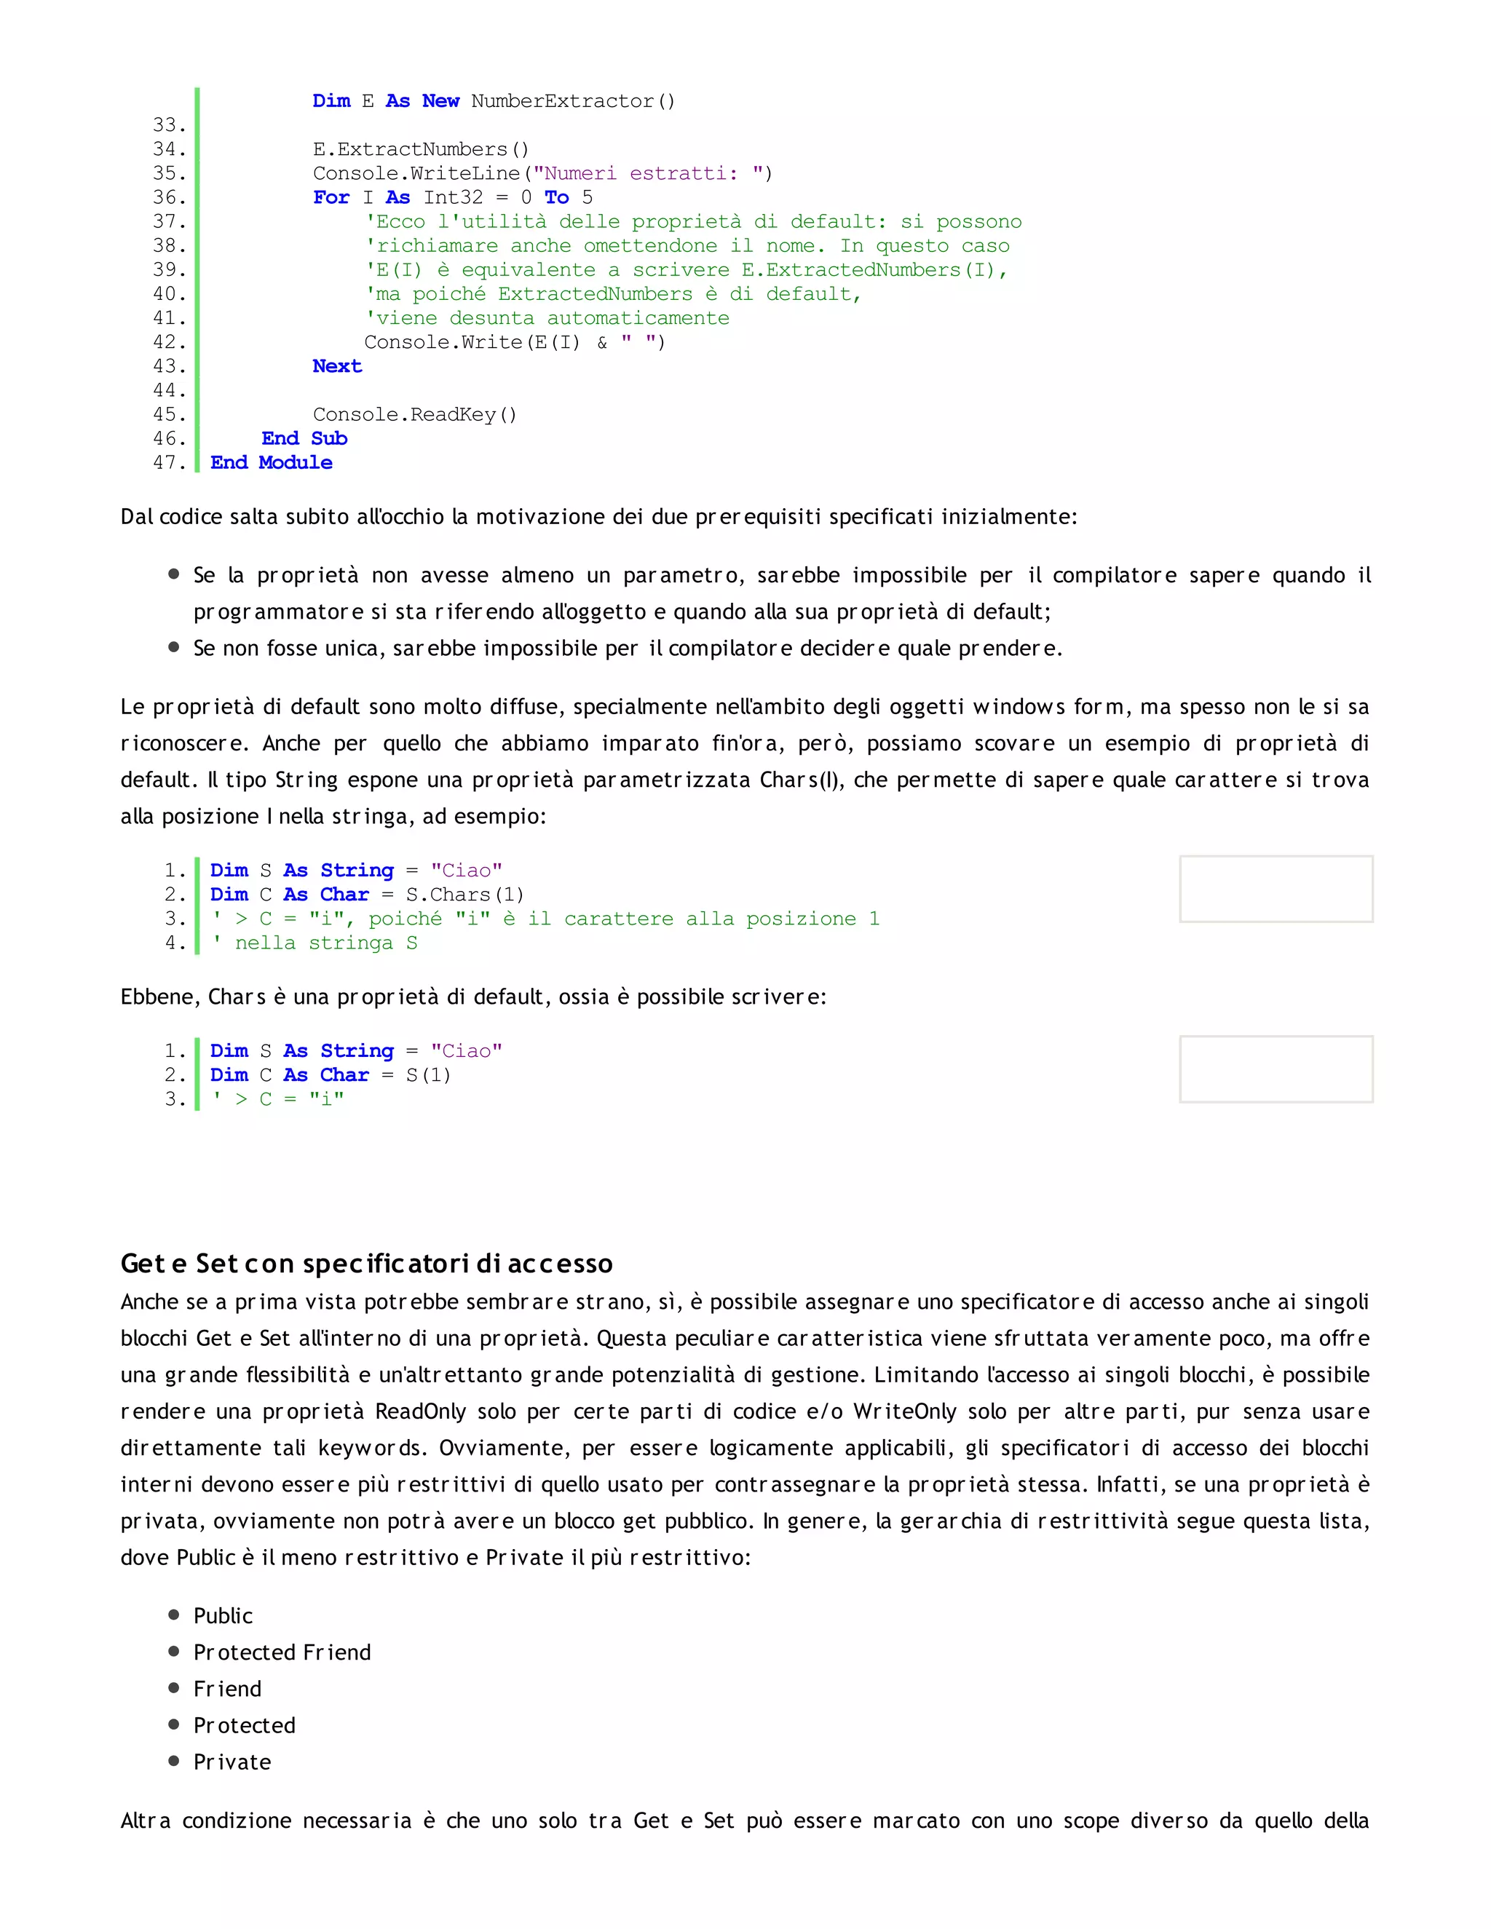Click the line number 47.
(169, 463)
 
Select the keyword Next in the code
(336, 367)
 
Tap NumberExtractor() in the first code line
(572, 102)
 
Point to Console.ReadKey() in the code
(414, 415)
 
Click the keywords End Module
(271, 463)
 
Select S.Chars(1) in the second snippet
(464, 895)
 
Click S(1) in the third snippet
(428, 1075)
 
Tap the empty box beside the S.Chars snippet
(1276, 889)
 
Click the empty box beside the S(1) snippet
(1276, 1069)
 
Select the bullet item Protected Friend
(282, 1652)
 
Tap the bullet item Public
(223, 1615)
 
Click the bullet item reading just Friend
(227, 1689)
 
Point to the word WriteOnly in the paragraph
(903, 1411)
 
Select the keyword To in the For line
(556, 198)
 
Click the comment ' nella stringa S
(315, 943)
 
